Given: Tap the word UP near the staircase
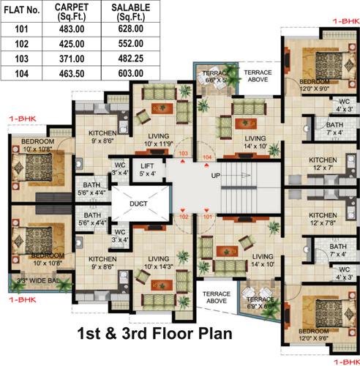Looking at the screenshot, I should (215, 177).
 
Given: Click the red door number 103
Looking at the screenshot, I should (183, 153).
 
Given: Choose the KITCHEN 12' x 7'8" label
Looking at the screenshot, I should (323, 219).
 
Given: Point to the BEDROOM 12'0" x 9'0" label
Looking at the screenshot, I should (313, 84).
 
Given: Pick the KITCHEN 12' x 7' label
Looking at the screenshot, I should (323, 164).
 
